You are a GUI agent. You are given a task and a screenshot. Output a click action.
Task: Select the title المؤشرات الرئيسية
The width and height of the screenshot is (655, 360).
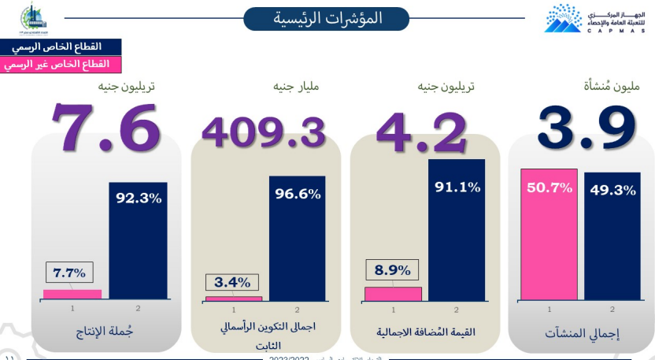[326, 18]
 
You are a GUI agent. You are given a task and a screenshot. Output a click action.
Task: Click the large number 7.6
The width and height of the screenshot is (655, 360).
[106, 125]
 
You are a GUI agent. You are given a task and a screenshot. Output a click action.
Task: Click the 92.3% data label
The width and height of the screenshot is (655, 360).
[139, 198]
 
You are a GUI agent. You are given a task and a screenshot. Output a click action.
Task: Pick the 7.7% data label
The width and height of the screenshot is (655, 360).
[69, 273]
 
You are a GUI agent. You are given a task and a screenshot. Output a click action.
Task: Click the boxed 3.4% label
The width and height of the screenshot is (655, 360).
[232, 282]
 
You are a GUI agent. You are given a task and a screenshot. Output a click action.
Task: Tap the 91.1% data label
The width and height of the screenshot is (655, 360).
[457, 187]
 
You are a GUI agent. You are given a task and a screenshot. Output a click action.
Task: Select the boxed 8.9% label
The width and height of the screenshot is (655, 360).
[393, 270]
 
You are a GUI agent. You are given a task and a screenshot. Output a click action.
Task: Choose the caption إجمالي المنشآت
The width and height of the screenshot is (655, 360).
[583, 333]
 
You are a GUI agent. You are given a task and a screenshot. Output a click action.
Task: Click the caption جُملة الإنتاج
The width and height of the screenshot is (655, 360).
[105, 332]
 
